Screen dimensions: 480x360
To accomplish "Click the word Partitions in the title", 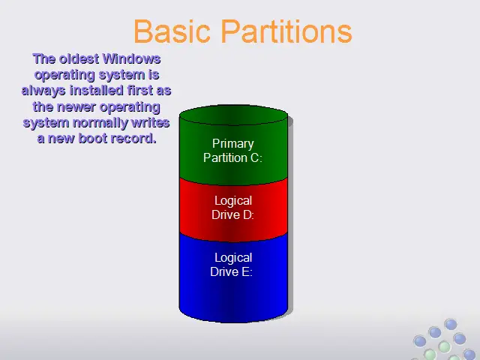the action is [x=286, y=31].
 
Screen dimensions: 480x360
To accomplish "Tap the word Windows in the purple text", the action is [x=131, y=58].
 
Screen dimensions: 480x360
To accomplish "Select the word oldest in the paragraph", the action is [x=79, y=58].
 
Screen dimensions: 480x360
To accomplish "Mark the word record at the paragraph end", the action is [x=133, y=138].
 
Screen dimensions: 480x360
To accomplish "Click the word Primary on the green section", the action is [x=233, y=144].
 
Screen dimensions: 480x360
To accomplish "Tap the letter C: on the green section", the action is [x=256, y=158].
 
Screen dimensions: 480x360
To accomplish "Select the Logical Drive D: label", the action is [x=233, y=208].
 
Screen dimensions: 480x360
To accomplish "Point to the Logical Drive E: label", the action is [x=232, y=265].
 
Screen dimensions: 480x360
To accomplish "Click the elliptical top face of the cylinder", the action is [x=233, y=115].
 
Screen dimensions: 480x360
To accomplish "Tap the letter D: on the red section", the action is [x=248, y=215].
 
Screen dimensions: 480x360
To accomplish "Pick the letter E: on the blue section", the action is [x=247, y=271].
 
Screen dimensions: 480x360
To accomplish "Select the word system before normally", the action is [x=46, y=123].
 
